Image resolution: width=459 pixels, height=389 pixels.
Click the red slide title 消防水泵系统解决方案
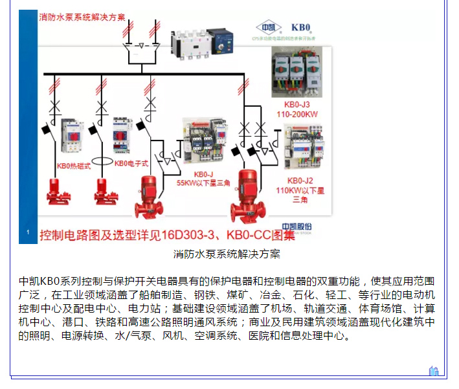pyautogui.click(x=82, y=17)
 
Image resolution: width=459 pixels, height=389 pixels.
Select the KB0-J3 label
pyautogui.click(x=297, y=104)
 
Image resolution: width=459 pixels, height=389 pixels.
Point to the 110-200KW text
pyautogui.click(x=297, y=114)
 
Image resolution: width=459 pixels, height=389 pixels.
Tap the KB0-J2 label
pyautogui.click(x=300, y=181)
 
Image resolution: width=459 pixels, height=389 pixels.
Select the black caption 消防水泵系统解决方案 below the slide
pyautogui.click(x=227, y=254)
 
